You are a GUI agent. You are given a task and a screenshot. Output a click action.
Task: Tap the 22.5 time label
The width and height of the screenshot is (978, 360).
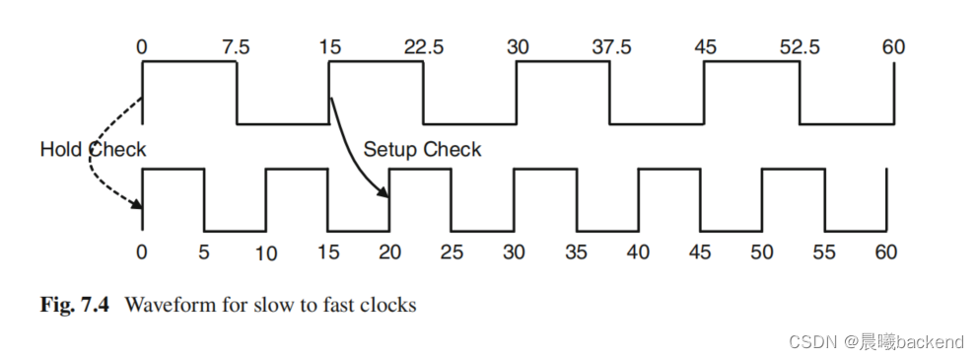427,46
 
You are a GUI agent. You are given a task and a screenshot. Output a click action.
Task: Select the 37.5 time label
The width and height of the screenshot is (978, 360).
611,46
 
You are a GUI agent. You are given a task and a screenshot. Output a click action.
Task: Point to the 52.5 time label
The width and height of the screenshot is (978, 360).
799,46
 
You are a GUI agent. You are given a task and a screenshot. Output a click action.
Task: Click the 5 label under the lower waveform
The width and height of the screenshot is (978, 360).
204,252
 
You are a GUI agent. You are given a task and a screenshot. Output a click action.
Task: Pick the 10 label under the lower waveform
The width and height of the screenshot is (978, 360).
265,253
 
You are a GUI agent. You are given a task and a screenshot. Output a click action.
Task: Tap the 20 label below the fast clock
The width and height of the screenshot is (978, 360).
390,252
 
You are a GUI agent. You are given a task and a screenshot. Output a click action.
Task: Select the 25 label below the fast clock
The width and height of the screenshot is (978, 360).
453,252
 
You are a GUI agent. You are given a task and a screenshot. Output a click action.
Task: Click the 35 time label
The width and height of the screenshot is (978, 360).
576,252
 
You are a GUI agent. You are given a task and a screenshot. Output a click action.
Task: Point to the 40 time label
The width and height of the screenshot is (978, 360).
638,252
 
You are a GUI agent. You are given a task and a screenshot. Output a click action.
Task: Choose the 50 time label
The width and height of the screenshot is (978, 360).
762,252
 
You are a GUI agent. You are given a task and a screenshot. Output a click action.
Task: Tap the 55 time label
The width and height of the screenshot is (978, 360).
823,252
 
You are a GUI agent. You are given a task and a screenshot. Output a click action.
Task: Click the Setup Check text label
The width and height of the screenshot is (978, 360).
422,150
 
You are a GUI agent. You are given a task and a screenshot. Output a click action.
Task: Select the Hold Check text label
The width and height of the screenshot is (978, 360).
93,150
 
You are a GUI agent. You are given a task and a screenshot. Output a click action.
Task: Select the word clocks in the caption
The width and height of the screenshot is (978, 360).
386,305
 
